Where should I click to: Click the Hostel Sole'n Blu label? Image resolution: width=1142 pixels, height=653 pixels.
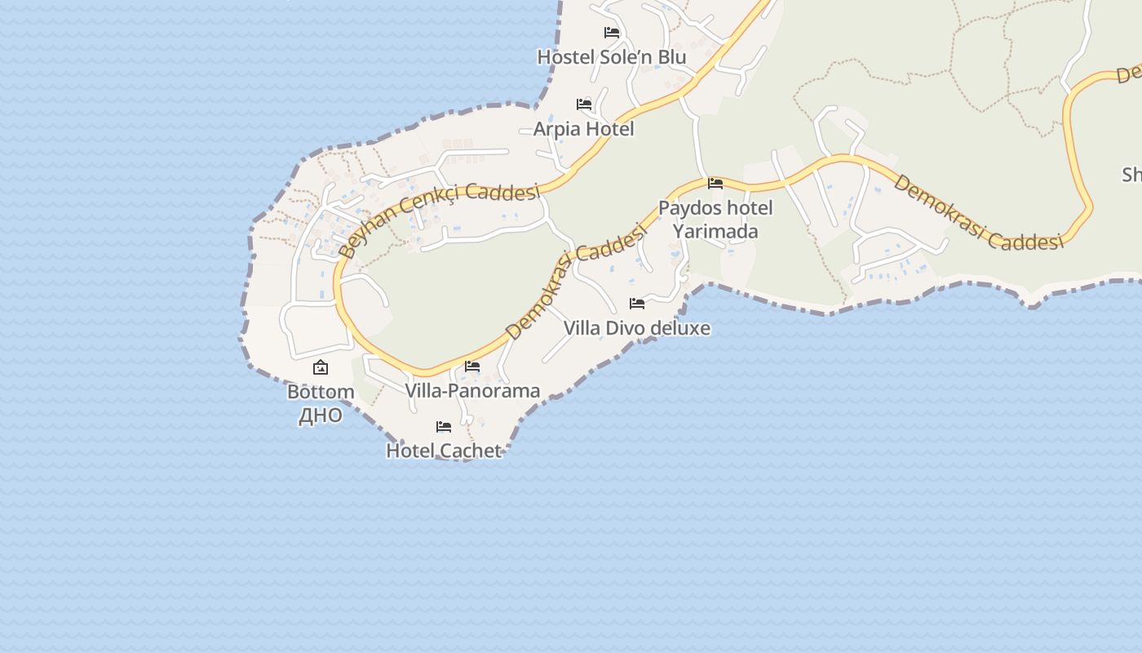pyautogui.click(x=611, y=57)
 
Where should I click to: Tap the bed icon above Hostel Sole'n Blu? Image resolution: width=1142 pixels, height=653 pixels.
pyautogui.click(x=612, y=33)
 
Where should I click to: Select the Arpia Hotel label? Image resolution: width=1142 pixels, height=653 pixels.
pyautogui.click(x=583, y=129)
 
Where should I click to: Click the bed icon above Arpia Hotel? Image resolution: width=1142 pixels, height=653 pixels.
pyautogui.click(x=584, y=104)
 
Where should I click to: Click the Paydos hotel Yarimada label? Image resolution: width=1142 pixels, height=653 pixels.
pyautogui.click(x=715, y=219)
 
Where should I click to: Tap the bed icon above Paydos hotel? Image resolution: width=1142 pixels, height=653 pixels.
pyautogui.click(x=715, y=184)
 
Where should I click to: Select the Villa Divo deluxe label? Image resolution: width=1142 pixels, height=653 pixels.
pyautogui.click(x=636, y=328)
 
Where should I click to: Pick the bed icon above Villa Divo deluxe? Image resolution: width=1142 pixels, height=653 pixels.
pyautogui.click(x=637, y=304)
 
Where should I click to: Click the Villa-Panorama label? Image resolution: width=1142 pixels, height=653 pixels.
pyautogui.click(x=472, y=391)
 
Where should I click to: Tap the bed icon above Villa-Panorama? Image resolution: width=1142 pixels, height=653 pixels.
pyautogui.click(x=472, y=366)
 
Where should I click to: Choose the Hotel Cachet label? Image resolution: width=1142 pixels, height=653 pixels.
pyautogui.click(x=443, y=451)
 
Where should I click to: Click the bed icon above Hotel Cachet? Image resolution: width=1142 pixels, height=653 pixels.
pyautogui.click(x=444, y=427)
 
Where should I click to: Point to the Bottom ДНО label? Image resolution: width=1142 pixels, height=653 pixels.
pyautogui.click(x=321, y=403)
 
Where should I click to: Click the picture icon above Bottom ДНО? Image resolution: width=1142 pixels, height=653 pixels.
pyautogui.click(x=321, y=368)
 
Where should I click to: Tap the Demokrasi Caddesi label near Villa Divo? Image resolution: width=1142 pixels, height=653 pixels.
pyautogui.click(x=575, y=282)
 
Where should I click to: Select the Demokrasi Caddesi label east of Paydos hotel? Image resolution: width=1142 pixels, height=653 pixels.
pyautogui.click(x=979, y=211)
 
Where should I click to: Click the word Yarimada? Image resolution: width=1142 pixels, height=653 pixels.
pyautogui.click(x=715, y=231)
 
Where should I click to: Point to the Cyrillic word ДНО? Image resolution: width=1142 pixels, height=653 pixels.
pyautogui.click(x=321, y=415)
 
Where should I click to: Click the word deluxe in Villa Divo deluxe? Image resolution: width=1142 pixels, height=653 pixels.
pyautogui.click(x=680, y=328)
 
